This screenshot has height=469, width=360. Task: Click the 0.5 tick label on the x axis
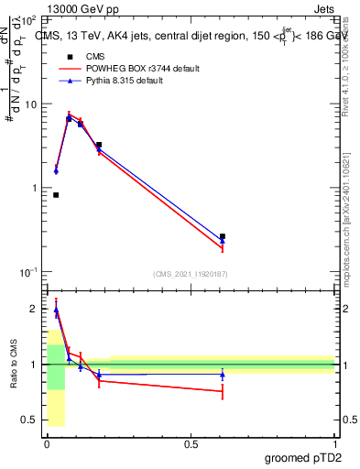click(190, 442)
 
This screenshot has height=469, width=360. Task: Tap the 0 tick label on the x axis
click(46, 442)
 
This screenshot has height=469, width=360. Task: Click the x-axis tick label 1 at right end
click(334, 442)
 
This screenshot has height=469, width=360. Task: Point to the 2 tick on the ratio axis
click(36, 310)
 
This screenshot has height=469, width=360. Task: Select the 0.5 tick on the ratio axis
click(31, 420)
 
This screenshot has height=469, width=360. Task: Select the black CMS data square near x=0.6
click(223, 236)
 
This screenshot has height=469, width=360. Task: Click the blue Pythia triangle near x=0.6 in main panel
click(223, 242)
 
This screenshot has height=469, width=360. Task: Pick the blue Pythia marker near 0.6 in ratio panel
click(223, 374)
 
